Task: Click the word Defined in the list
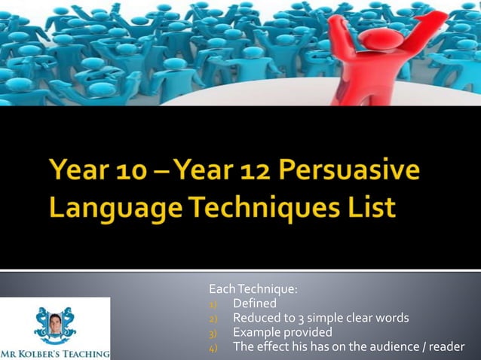pyautogui.click(x=254, y=304)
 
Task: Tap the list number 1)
pyautogui.click(x=213, y=304)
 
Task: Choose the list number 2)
pyautogui.click(x=213, y=319)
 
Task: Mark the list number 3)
pyautogui.click(x=213, y=333)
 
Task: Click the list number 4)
pyautogui.click(x=213, y=347)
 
